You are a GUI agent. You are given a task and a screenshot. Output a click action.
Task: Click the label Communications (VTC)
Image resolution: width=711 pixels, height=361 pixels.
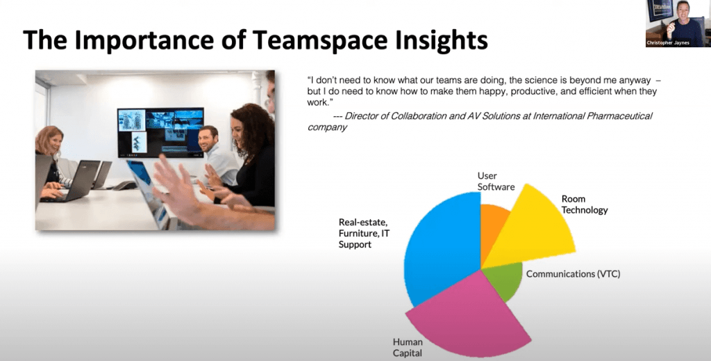[573, 274]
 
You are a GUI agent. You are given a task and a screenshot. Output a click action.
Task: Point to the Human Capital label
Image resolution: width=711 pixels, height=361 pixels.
[408, 347]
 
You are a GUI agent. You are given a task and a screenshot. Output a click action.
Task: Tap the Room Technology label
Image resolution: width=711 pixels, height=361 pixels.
[585, 204]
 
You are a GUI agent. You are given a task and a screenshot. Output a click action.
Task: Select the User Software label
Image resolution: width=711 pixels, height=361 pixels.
[496, 181]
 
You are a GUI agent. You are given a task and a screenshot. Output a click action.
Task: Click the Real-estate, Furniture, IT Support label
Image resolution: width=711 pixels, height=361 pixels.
[364, 234]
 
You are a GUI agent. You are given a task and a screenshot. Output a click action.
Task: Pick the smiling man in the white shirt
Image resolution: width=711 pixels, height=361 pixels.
[217, 155]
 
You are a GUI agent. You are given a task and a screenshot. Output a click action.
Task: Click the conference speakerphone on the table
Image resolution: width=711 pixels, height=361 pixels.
[125, 185]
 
